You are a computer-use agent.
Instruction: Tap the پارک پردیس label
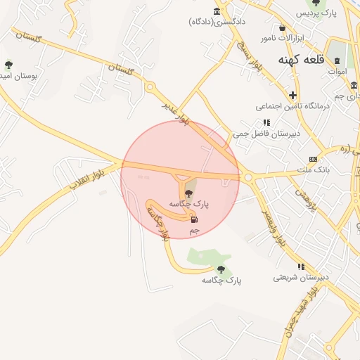coord(316,13)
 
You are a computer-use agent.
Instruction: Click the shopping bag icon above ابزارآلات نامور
coord(282,28)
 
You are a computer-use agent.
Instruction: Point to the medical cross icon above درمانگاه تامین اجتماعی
coord(293,95)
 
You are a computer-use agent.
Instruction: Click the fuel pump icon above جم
coord(193,219)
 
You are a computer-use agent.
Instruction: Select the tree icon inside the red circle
coord(188,193)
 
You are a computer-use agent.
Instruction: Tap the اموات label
coord(337,71)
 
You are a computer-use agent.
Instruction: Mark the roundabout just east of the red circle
coord(248,177)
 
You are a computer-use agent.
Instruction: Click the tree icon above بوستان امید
coord(8,64)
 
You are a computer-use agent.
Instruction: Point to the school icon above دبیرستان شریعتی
coord(301,267)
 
